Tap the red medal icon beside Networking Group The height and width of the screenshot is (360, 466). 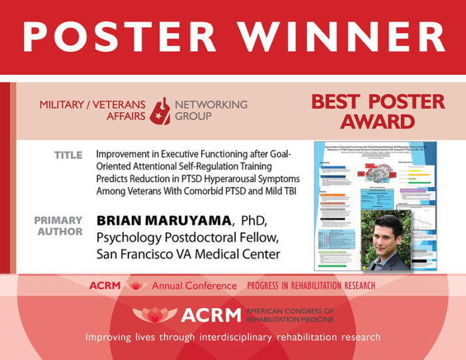[x=160, y=110]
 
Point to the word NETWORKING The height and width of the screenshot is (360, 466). [x=211, y=104]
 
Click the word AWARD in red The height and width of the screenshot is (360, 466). [x=377, y=122]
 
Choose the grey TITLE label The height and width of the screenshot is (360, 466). [x=69, y=155]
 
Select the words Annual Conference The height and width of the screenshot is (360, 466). [x=194, y=285]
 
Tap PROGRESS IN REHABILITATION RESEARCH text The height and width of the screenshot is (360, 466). [x=311, y=285]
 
